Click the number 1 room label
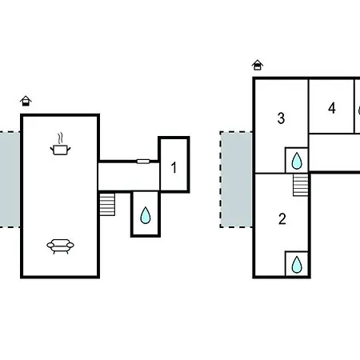174,168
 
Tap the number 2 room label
282,219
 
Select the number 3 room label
281,118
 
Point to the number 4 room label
332,108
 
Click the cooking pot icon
61,150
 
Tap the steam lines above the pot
61,138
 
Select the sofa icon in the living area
61,246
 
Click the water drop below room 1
146,215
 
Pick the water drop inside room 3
297,161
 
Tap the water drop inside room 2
297,265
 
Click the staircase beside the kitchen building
107,204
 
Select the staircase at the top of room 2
301,185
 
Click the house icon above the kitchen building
26,101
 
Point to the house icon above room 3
258,65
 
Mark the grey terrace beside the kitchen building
10,179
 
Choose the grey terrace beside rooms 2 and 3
237,179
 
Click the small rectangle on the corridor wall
143,161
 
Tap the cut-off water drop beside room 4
359,110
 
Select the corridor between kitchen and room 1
129,177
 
